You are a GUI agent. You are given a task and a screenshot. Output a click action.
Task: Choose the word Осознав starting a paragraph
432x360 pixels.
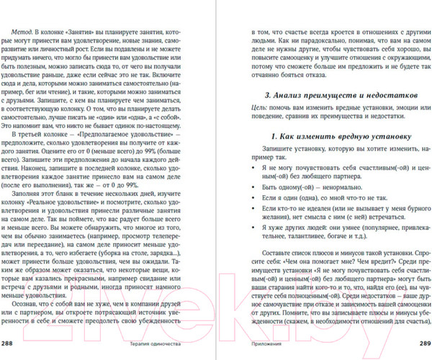pyautogui.click(x=28, y=303)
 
